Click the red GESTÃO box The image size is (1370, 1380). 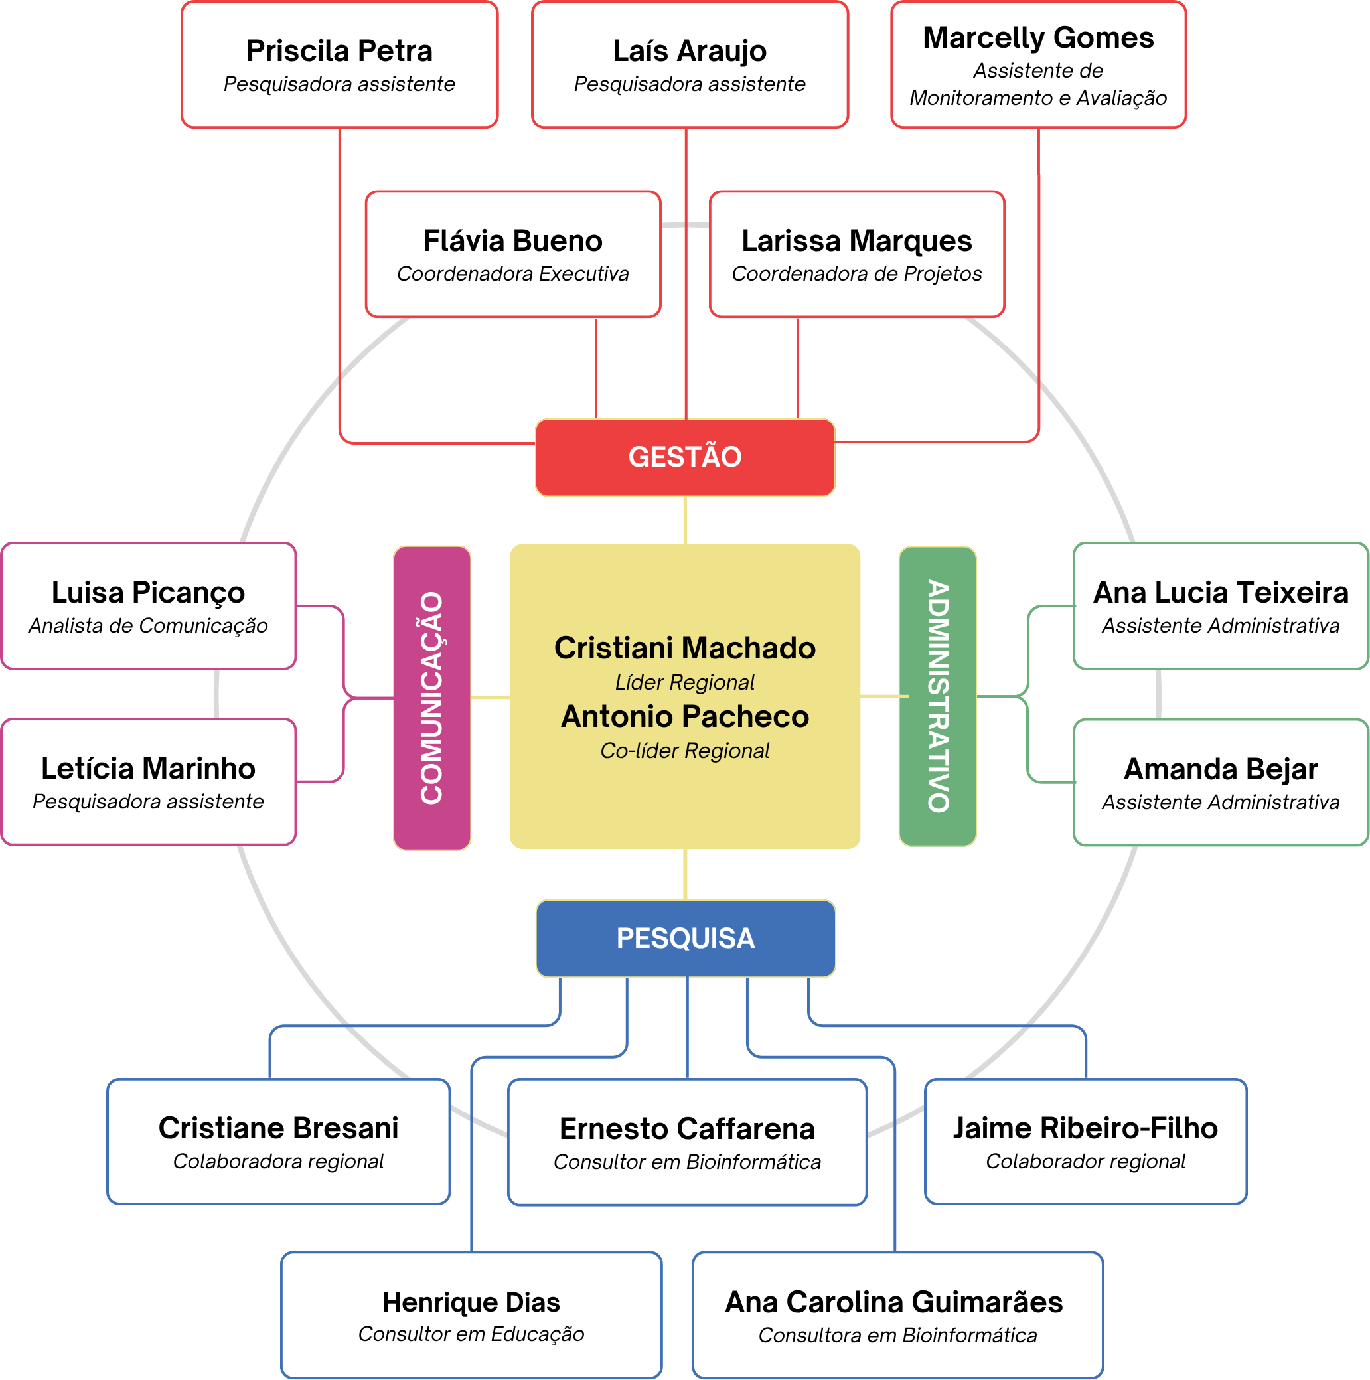click(x=685, y=457)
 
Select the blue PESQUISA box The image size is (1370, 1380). click(x=686, y=939)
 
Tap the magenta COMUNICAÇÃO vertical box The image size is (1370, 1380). click(x=432, y=698)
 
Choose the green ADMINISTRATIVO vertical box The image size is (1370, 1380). click(x=938, y=696)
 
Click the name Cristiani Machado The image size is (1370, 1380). click(x=685, y=648)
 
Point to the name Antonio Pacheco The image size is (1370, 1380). click(x=685, y=716)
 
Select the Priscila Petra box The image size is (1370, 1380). click(x=339, y=65)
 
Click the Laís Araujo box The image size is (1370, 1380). click(x=690, y=65)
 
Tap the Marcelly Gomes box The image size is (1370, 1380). click(x=1039, y=65)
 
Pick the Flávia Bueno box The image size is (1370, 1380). click(x=513, y=254)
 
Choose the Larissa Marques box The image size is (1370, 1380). click(x=857, y=254)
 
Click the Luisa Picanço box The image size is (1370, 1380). click(x=149, y=606)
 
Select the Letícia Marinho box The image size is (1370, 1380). click(x=149, y=782)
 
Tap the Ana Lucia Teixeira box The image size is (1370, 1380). click(x=1221, y=606)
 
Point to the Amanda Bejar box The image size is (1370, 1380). click(x=1221, y=783)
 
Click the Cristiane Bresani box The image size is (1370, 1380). click(x=279, y=1142)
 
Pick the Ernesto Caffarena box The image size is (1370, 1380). click(x=687, y=1142)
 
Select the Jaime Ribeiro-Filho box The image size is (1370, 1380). click(x=1086, y=1142)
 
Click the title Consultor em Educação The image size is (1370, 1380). click(x=471, y=1334)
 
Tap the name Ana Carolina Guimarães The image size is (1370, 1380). click(x=894, y=1303)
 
